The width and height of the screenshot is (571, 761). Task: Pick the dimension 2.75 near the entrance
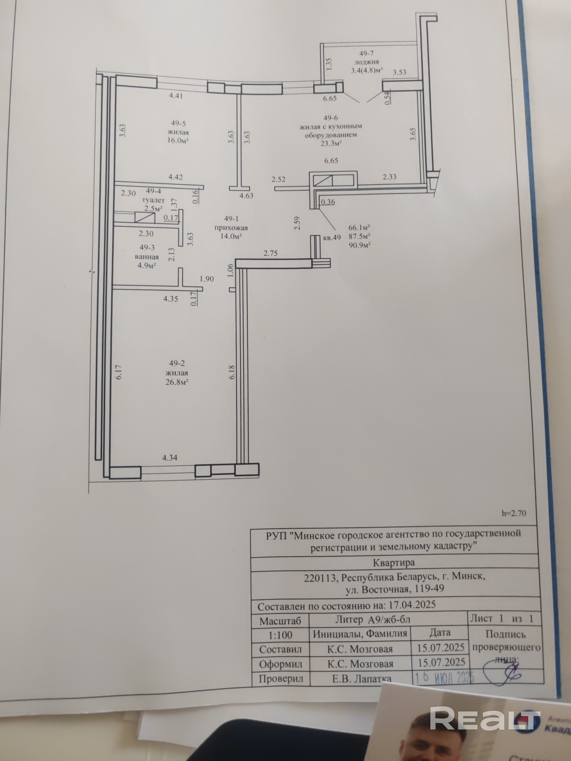click(270, 254)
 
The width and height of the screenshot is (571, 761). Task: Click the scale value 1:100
click(280, 635)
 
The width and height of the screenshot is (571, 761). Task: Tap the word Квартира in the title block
click(393, 563)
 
